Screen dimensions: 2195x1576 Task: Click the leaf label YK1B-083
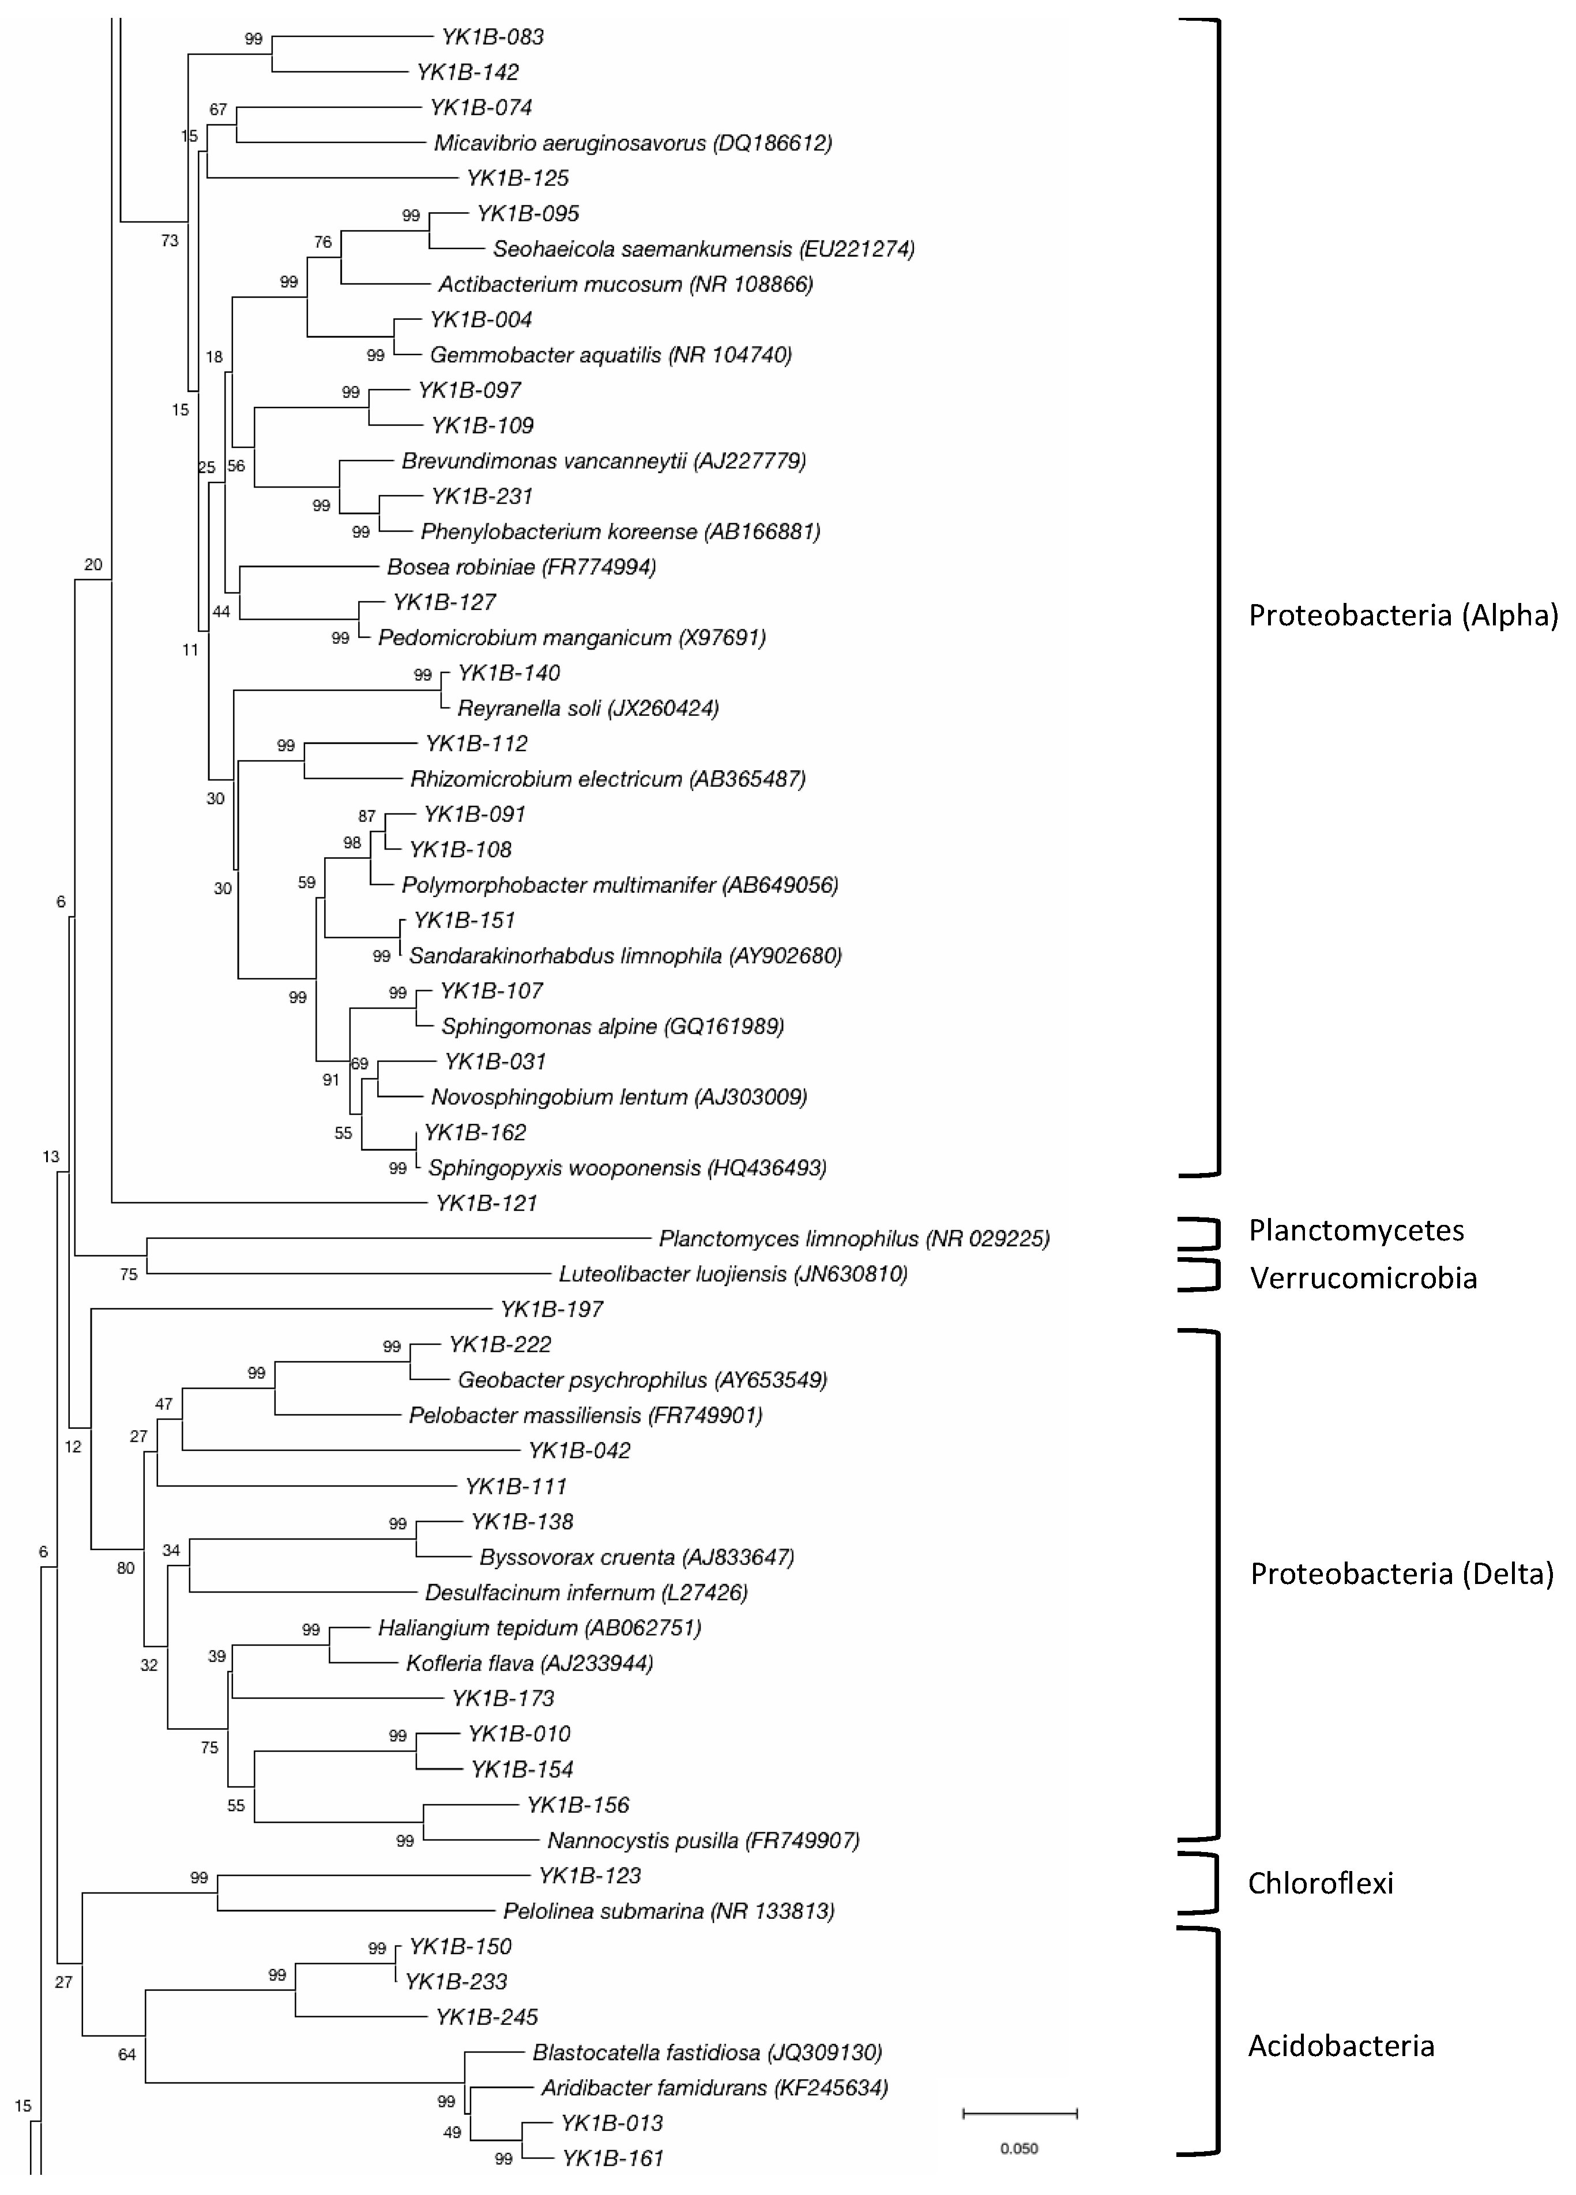pyautogui.click(x=492, y=37)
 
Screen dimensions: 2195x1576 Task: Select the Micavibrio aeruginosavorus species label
pyautogui.click(x=632, y=143)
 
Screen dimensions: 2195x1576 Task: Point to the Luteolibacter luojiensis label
pyautogui.click(x=733, y=1274)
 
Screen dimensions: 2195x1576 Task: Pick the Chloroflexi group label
pyautogui.click(x=1319, y=1883)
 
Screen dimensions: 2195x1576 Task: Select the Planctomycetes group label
pyautogui.click(x=1355, y=1230)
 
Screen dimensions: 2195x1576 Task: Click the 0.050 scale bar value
pyautogui.click(x=1018, y=2148)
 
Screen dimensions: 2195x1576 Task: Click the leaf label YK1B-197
pyautogui.click(x=551, y=1310)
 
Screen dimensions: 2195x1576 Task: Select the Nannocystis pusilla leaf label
pyautogui.click(x=703, y=1840)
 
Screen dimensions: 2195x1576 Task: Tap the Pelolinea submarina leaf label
pyautogui.click(x=668, y=1911)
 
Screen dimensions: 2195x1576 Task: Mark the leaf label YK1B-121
pyautogui.click(x=486, y=1203)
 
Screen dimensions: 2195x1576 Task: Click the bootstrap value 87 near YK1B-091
pyautogui.click(x=366, y=816)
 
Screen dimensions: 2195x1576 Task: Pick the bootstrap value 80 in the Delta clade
pyautogui.click(x=126, y=1568)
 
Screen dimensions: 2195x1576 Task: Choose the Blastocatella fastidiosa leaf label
pyautogui.click(x=706, y=2052)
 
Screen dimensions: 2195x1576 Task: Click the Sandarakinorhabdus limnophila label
pyautogui.click(x=625, y=956)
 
